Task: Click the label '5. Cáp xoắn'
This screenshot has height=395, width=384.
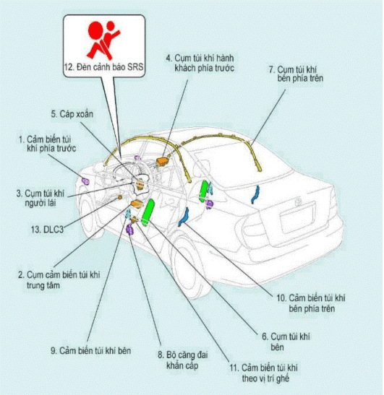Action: (x=67, y=113)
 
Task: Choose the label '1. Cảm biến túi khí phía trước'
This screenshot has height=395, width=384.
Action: (x=46, y=142)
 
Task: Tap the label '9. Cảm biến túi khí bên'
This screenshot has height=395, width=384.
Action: (x=90, y=350)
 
